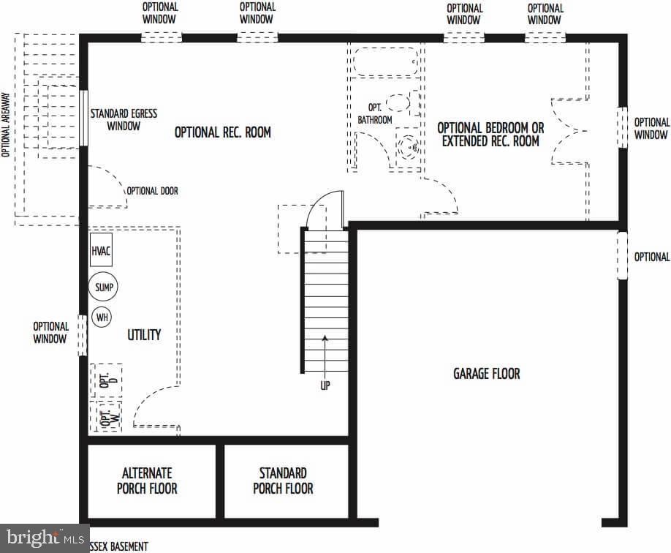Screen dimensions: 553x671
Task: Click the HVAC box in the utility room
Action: point(102,251)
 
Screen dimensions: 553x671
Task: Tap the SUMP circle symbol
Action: point(103,287)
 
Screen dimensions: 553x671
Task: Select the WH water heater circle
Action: point(101,318)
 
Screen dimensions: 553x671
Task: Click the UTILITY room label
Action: point(144,334)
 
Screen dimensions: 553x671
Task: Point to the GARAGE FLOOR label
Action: point(486,374)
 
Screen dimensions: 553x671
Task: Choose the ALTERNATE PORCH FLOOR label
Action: point(147,481)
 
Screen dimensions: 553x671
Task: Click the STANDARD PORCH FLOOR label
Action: point(283,481)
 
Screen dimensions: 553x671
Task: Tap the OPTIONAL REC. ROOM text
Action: point(222,132)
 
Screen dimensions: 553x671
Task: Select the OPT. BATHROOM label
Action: point(375,113)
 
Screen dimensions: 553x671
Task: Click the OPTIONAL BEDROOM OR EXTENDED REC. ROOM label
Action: point(490,135)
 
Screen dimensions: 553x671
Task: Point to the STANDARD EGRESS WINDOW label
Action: point(124,120)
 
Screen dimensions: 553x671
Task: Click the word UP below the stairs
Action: point(325,385)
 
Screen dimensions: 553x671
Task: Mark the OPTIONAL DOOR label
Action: point(152,191)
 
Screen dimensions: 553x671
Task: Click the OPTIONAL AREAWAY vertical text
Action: point(6,124)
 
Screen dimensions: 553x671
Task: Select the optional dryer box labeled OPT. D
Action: point(106,380)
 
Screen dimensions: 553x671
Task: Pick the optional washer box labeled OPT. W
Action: point(106,417)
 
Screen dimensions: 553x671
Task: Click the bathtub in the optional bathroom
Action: point(386,61)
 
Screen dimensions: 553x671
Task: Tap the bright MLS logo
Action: point(44,538)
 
